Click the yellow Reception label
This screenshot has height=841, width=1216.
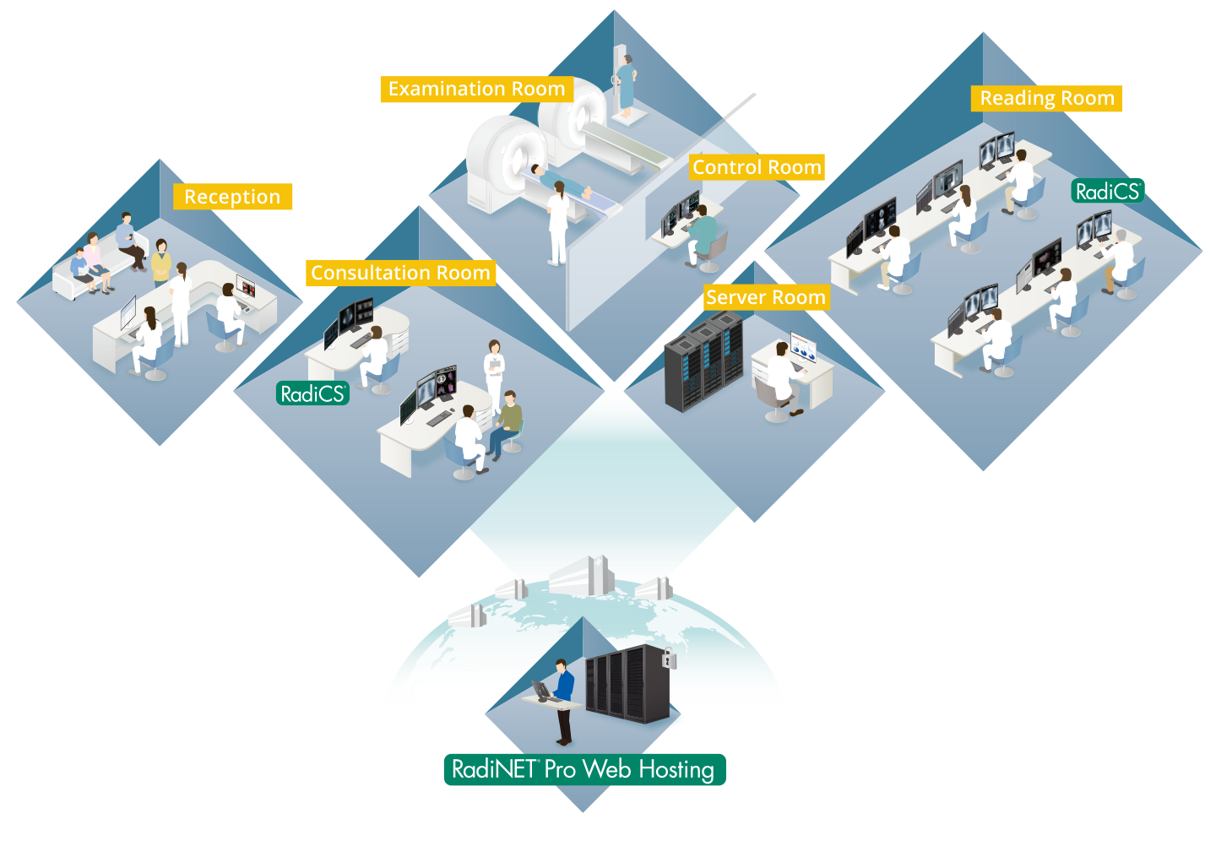click(232, 197)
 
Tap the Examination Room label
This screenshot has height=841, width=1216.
click(476, 89)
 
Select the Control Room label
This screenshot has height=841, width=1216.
click(757, 167)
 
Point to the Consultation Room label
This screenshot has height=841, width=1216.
click(400, 273)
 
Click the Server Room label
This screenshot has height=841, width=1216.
click(765, 297)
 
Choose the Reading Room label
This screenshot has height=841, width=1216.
click(1047, 98)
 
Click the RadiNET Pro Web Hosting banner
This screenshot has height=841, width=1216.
click(584, 769)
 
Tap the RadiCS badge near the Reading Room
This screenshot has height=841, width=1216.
click(1108, 192)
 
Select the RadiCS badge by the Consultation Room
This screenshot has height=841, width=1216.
click(313, 393)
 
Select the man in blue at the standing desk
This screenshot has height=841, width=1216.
click(563, 697)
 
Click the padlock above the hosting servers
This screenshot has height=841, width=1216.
click(669, 658)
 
